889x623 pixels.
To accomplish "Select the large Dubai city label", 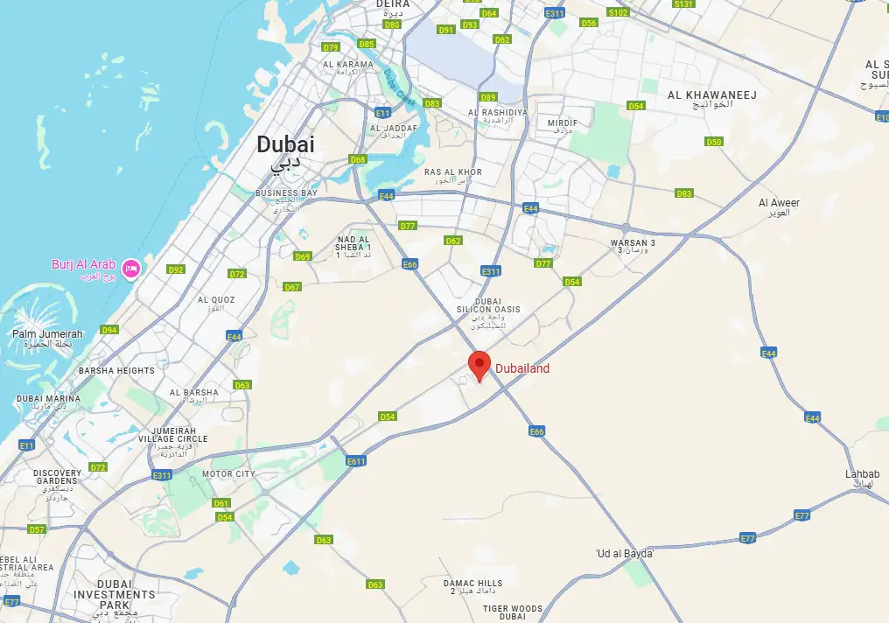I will click(x=285, y=146).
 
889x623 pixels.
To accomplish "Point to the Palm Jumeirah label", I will click(x=47, y=334).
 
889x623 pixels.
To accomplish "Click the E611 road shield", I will click(x=355, y=461).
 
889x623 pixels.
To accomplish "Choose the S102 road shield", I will click(x=619, y=13).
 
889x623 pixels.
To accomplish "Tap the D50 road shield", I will click(x=714, y=142).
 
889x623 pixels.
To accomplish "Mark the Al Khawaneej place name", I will click(x=711, y=94).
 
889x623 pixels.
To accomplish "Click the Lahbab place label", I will click(x=862, y=474).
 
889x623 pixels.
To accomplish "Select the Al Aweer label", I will click(x=779, y=203).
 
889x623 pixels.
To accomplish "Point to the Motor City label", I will click(x=228, y=474).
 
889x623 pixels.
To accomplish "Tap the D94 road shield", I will click(x=108, y=330).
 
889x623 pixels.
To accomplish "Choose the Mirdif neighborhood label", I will click(x=563, y=123).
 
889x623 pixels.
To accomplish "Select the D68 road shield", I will click(x=358, y=160).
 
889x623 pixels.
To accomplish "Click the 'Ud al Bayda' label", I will click(x=625, y=554).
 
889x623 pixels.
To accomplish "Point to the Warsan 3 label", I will click(x=633, y=243).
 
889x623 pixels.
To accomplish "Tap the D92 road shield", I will click(x=176, y=270).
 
